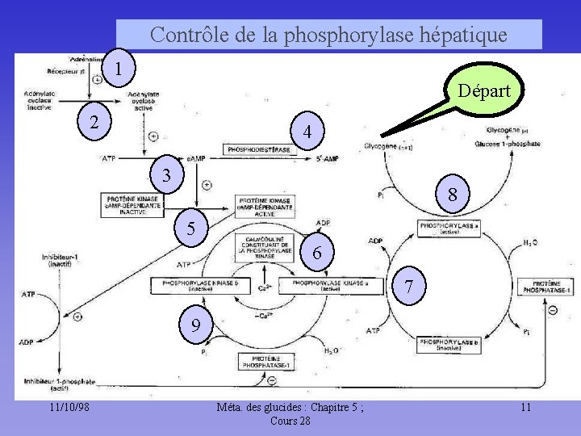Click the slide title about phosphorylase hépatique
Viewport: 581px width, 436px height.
[x=328, y=35]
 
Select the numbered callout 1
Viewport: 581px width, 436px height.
[x=119, y=67]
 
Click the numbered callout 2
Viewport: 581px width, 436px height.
[x=95, y=122]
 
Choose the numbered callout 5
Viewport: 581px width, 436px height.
[x=190, y=228]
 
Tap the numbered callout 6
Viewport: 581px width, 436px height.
[x=317, y=253]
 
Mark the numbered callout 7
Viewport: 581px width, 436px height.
[x=410, y=287]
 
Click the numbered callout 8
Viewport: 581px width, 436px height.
[x=454, y=195]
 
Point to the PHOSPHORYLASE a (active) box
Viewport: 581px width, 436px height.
[x=449, y=228]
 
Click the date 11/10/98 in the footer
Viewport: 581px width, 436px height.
[x=68, y=408]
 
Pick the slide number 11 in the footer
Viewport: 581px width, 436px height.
[x=525, y=408]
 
